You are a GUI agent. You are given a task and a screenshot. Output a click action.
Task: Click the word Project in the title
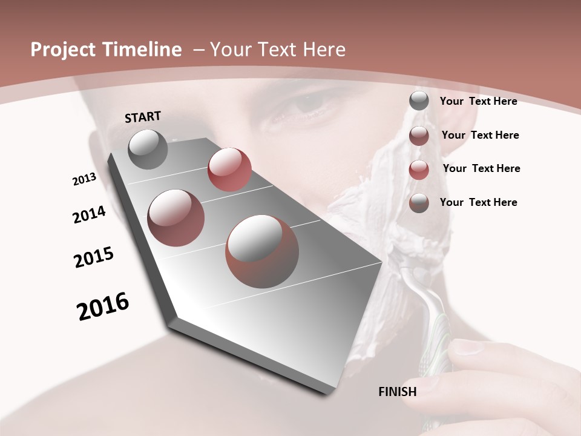click(x=61, y=50)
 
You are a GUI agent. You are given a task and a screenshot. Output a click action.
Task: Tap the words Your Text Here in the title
click(x=278, y=50)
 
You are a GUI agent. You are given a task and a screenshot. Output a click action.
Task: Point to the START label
click(x=143, y=117)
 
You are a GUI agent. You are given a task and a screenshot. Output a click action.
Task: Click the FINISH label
click(x=398, y=392)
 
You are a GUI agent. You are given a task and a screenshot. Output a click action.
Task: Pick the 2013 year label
click(x=85, y=179)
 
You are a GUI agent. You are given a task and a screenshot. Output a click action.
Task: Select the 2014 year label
click(x=90, y=214)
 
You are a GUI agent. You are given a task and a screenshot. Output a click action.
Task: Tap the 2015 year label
click(x=94, y=257)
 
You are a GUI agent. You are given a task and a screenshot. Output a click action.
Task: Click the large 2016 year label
click(x=103, y=306)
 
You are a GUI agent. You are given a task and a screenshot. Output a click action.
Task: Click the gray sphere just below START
click(x=148, y=149)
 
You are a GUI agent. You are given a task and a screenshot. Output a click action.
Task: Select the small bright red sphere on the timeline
click(x=229, y=169)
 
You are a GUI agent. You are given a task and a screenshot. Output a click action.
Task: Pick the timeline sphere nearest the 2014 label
click(x=176, y=217)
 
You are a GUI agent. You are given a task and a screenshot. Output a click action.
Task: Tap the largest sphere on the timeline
click(x=262, y=251)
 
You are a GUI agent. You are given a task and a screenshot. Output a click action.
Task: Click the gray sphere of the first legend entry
click(x=419, y=101)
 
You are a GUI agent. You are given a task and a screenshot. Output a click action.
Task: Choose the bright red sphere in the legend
click(x=419, y=170)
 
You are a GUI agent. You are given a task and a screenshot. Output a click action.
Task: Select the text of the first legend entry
click(x=478, y=102)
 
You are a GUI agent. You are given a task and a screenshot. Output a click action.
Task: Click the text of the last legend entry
click(x=478, y=202)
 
